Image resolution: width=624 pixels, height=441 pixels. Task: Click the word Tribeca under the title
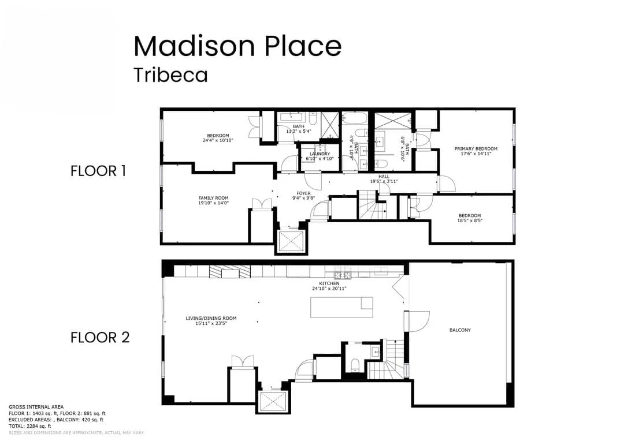(170, 75)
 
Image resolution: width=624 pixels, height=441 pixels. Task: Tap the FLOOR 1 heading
(98, 171)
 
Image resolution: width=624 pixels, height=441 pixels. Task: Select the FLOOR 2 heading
(100, 338)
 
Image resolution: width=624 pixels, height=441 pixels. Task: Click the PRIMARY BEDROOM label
(476, 149)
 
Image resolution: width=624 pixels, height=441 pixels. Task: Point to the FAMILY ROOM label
(213, 198)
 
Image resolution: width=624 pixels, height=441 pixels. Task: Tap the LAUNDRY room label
(320, 154)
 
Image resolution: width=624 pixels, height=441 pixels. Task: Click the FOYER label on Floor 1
(303, 193)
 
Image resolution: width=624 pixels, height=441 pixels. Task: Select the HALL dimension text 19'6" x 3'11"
(384, 181)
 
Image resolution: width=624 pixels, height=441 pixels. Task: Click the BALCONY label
(460, 330)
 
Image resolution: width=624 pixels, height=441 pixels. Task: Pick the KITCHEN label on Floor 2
(329, 283)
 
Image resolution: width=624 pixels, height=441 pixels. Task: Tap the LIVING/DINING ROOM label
(211, 318)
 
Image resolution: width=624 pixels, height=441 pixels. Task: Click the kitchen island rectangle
(341, 307)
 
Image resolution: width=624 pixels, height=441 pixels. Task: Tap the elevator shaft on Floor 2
(272, 401)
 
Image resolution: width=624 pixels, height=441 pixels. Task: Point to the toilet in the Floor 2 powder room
(356, 364)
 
